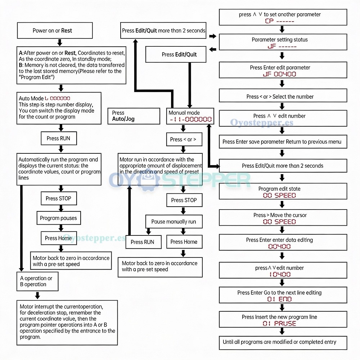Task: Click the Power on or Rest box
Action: [55, 30]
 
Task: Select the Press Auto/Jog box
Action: [134, 116]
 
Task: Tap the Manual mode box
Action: [190, 116]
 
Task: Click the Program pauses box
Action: [59, 218]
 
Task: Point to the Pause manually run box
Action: [174, 221]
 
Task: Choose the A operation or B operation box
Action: [37, 281]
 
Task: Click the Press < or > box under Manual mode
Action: [184, 139]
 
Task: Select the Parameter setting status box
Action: [283, 42]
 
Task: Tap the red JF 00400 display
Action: [279, 74]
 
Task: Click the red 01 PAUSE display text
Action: [279, 324]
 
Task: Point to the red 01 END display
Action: [279, 299]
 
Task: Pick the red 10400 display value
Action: [280, 274]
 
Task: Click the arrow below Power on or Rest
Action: [60, 42]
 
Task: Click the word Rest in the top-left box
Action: [67, 31]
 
